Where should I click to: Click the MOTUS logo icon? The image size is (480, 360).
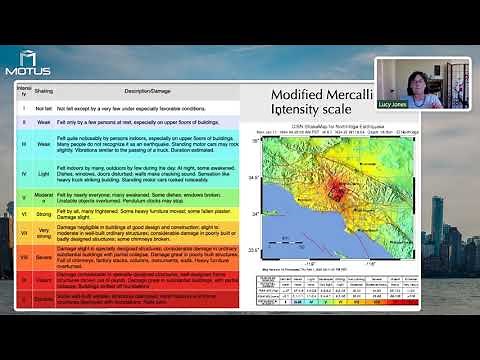tap(26, 58)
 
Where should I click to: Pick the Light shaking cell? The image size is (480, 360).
tap(43, 179)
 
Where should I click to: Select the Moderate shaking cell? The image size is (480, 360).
tap(43, 199)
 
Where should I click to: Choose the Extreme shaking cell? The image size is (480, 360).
tap(43, 298)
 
